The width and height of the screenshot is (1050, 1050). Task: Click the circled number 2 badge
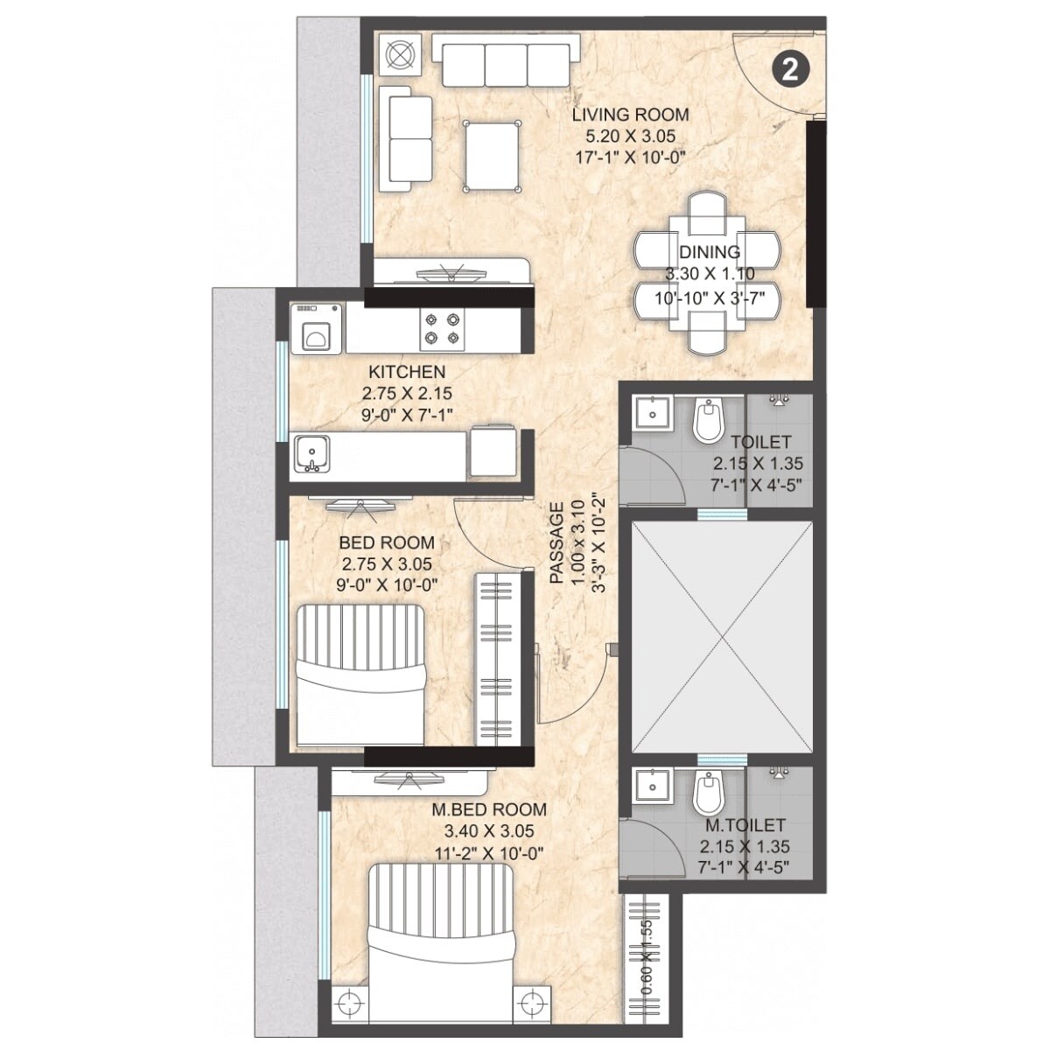pos(790,70)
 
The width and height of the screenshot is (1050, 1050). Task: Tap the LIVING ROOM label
pos(630,115)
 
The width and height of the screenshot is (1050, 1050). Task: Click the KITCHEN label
pos(406,372)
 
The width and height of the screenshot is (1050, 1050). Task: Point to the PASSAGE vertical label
pos(557,542)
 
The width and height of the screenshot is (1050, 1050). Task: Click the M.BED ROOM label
pos(489,810)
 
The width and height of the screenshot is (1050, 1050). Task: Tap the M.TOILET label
pos(745,825)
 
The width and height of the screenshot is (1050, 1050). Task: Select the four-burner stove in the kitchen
pos(441,328)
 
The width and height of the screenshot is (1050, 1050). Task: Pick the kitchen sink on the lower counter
pos(312,454)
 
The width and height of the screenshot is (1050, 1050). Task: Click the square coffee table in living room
pos(491,155)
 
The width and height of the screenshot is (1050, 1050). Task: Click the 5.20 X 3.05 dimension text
pos(630,136)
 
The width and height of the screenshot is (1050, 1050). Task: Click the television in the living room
pos(451,273)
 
